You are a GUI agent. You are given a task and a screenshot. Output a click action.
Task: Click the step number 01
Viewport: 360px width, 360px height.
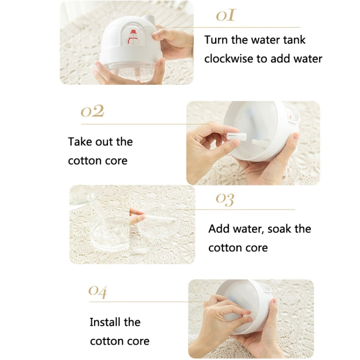point(226,16)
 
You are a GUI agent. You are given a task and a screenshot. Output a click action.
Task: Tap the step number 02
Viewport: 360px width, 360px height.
point(92,112)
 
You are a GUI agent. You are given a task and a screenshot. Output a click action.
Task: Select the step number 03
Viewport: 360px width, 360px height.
point(225,198)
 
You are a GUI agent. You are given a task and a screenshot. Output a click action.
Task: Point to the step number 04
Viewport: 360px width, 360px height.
point(97,291)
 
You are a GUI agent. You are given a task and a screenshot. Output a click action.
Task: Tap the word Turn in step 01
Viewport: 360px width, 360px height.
point(216,40)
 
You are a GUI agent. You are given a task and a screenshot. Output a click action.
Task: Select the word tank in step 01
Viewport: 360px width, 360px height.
point(293,40)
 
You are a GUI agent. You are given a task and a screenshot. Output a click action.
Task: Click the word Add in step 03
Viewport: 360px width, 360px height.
point(218,229)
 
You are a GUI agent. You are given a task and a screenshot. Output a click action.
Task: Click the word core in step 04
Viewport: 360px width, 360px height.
point(137,341)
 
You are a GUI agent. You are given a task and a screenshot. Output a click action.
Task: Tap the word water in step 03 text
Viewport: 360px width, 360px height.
point(248,229)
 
